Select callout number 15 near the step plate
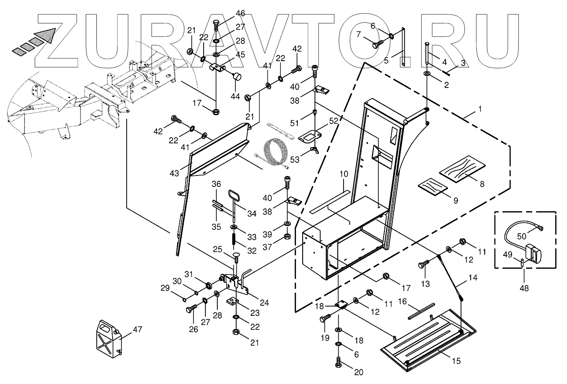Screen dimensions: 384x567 (456, 361)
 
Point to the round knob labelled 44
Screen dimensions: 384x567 (237, 77)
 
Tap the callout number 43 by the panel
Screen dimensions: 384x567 (175, 173)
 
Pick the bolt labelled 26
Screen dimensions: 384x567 (190, 309)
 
